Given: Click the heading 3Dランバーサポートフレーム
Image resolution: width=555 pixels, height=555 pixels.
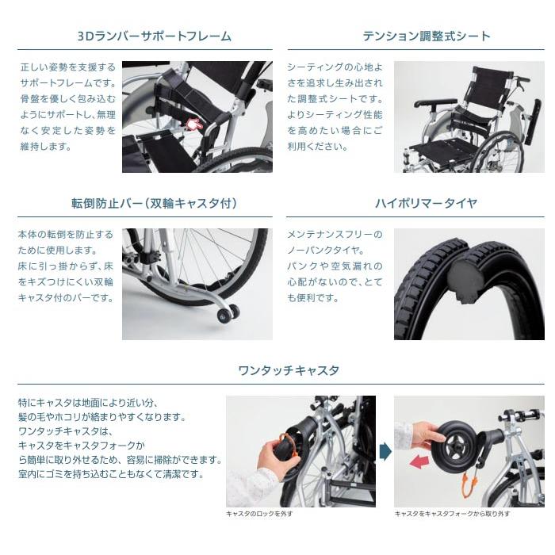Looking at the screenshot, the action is pyautogui.click(x=155, y=36).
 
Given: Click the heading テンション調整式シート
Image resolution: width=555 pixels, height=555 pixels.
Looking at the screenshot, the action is pyautogui.click(x=427, y=36).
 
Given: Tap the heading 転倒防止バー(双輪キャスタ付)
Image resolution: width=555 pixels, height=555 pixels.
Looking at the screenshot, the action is pyautogui.click(x=155, y=204).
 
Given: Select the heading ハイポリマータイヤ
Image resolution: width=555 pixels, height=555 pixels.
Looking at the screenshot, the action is pyautogui.click(x=427, y=204).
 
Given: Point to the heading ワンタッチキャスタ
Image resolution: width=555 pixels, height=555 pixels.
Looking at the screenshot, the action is pyautogui.click(x=289, y=370).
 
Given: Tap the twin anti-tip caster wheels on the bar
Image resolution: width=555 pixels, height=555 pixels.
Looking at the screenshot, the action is pyautogui.click(x=228, y=314).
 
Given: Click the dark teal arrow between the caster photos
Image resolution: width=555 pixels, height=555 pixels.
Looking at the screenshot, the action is pyautogui.click(x=385, y=452).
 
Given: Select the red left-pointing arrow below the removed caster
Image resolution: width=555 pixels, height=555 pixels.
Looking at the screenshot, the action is pyautogui.click(x=419, y=462).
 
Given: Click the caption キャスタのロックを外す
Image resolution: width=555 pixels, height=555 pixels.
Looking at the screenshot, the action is pyautogui.click(x=259, y=513).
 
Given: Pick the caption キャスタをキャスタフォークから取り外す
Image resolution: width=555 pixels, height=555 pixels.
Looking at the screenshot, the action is pyautogui.click(x=452, y=513).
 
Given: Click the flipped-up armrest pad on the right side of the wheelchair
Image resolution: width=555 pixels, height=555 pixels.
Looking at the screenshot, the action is pyautogui.click(x=532, y=121).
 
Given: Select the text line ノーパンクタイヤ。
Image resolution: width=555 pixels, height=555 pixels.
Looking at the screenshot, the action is pyautogui.click(x=326, y=251).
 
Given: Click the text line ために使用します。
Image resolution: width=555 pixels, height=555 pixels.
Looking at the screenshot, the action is pyautogui.click(x=58, y=251).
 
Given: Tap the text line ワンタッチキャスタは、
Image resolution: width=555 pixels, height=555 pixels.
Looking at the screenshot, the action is pyautogui.click(x=65, y=431).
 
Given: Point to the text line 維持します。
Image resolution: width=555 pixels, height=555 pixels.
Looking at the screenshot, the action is pyautogui.click(x=46, y=146).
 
